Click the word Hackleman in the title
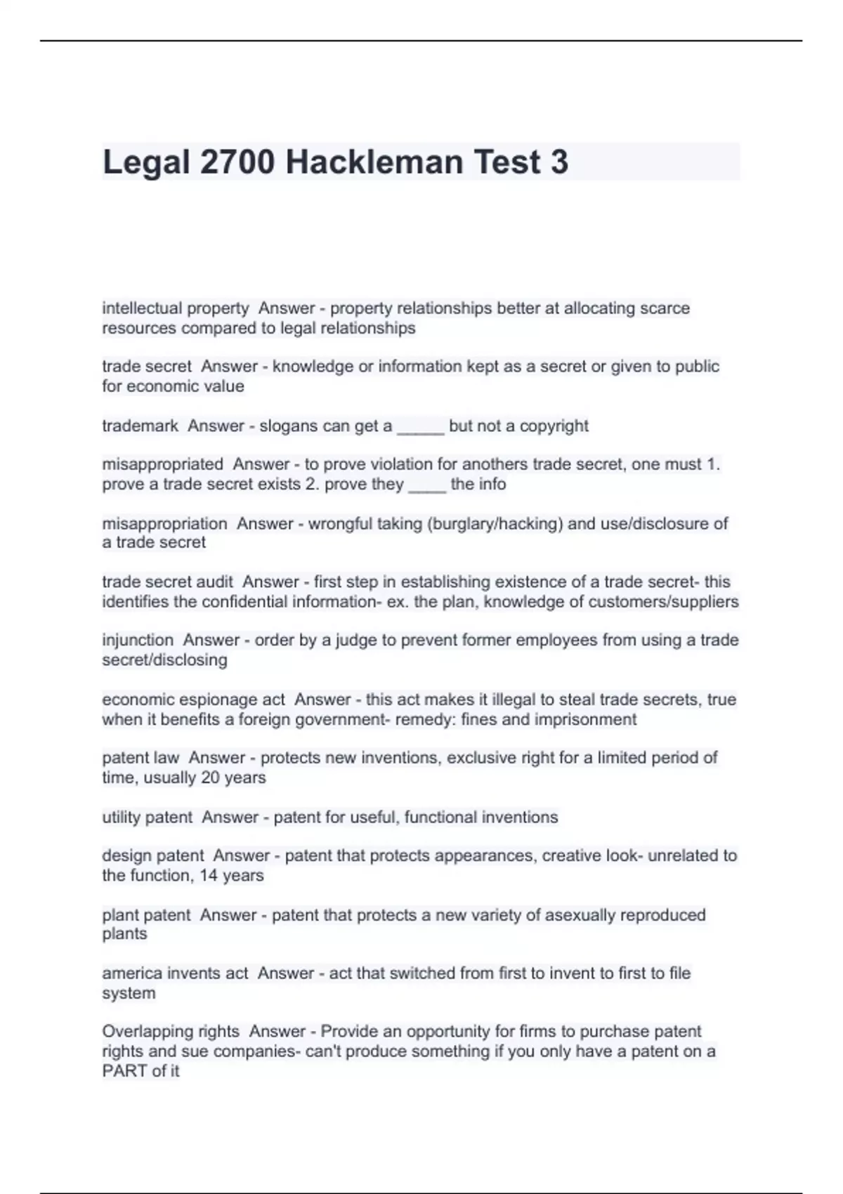[374, 162]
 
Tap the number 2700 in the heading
[237, 162]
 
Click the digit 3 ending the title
[559, 162]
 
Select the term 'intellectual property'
[175, 308]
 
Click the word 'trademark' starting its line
[140, 426]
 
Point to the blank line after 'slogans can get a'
[420, 427]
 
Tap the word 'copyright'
[554, 426]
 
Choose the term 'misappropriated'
[162, 464]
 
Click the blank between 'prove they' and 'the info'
[426, 485]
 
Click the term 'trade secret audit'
[167, 582]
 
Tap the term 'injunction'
[138, 640]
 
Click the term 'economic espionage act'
[193, 700]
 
